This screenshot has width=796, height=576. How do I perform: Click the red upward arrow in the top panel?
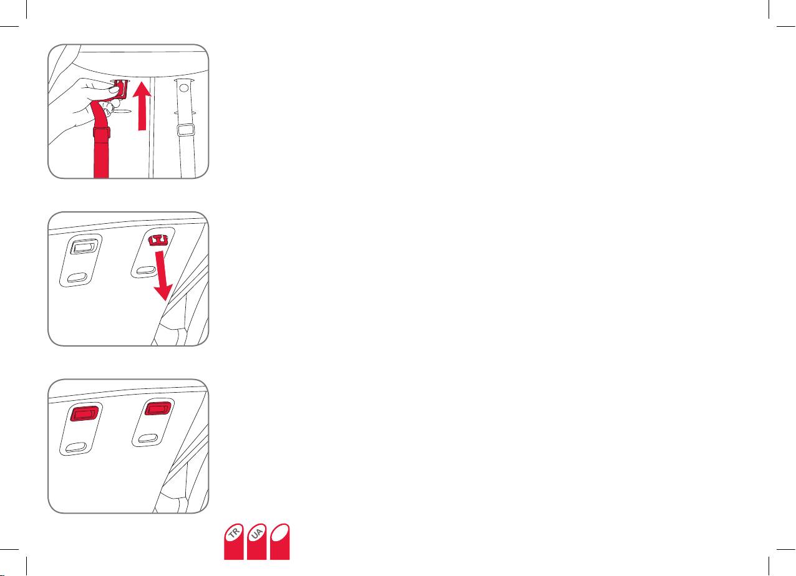[x=142, y=106]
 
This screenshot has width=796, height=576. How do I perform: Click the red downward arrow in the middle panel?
[x=163, y=276]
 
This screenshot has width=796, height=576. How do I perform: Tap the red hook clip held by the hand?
[x=122, y=89]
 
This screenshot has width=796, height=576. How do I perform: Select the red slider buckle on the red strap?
[x=102, y=133]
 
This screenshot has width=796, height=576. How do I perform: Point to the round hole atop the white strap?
[x=184, y=87]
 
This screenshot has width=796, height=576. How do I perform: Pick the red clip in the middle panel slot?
[x=158, y=240]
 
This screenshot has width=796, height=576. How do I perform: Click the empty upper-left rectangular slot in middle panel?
[x=84, y=246]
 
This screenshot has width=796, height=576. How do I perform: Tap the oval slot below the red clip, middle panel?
[x=146, y=271]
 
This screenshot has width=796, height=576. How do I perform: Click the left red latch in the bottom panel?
[x=84, y=414]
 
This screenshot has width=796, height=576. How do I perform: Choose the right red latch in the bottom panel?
[x=158, y=408]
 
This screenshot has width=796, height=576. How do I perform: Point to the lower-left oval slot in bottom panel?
[x=76, y=447]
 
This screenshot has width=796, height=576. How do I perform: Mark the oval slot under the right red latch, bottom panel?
[x=148, y=438]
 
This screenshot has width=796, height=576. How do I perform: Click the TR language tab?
[x=233, y=541]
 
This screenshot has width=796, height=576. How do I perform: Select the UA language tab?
[x=256, y=541]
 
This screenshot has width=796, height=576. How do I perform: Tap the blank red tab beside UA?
[x=280, y=541]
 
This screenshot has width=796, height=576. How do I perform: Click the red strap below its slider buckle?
[x=101, y=158]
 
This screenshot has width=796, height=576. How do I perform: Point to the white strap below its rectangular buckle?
[x=188, y=156]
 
